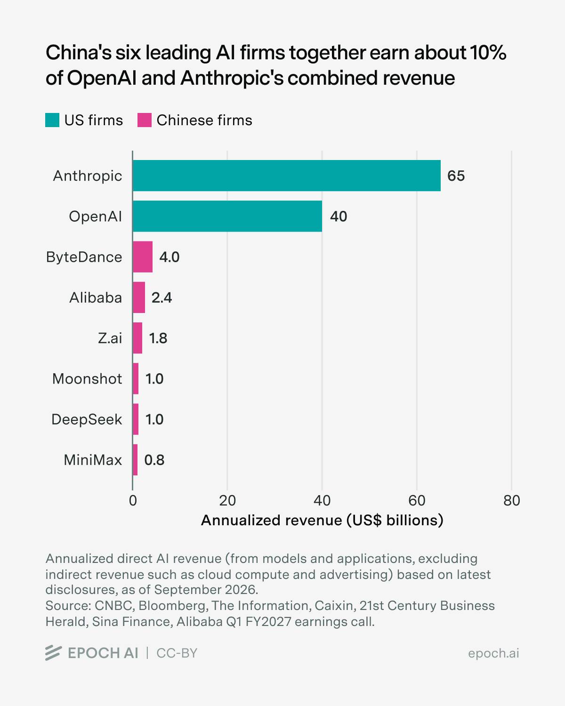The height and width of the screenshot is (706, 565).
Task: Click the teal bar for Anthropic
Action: pyautogui.click(x=287, y=176)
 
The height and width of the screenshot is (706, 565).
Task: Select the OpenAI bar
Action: pyautogui.click(x=227, y=216)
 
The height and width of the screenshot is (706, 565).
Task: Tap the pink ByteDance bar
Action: pyautogui.click(x=143, y=257)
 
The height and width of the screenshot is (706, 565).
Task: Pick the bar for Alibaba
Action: pyautogui.click(x=139, y=297)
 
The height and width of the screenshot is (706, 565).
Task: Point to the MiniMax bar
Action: pyautogui.click(x=135, y=460)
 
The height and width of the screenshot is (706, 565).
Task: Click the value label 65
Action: pyautogui.click(x=456, y=176)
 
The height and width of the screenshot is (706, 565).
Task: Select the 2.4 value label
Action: pyautogui.click(x=161, y=297)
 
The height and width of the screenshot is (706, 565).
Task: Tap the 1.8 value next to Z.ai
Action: pyautogui.click(x=158, y=338)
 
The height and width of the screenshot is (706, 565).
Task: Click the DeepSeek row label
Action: pyautogui.click(x=87, y=419)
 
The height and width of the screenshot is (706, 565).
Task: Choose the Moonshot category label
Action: pyautogui.click(x=87, y=379)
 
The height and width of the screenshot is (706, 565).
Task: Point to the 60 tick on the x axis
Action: pyautogui.click(x=417, y=501)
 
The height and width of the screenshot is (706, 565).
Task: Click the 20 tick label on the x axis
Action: pyautogui.click(x=227, y=501)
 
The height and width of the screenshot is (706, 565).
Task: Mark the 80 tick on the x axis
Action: pyautogui.click(x=511, y=501)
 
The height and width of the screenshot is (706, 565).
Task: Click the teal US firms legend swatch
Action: pyautogui.click(x=52, y=120)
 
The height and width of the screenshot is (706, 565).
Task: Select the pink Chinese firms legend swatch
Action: pyautogui.click(x=145, y=120)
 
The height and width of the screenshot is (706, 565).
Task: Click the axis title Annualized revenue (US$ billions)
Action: pyautogui.click(x=322, y=521)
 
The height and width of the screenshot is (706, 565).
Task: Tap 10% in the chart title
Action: pyautogui.click(x=488, y=53)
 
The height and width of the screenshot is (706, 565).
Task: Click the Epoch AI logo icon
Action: pyautogui.click(x=54, y=653)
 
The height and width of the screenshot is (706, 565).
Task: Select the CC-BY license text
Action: pyautogui.click(x=177, y=653)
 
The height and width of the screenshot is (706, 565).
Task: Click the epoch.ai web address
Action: pyautogui.click(x=493, y=653)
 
